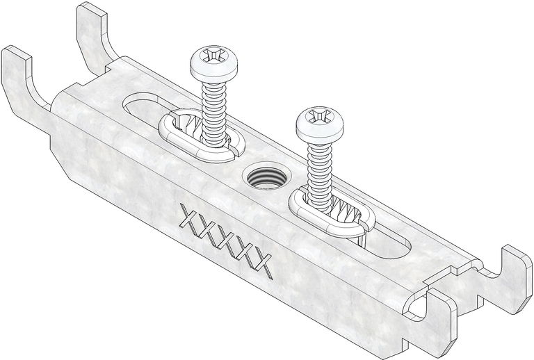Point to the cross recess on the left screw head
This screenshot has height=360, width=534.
pyautogui.click(x=213, y=55)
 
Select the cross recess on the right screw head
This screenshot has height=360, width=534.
pyautogui.click(x=318, y=116)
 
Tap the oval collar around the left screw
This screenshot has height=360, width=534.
pyautogui.click(x=201, y=136)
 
